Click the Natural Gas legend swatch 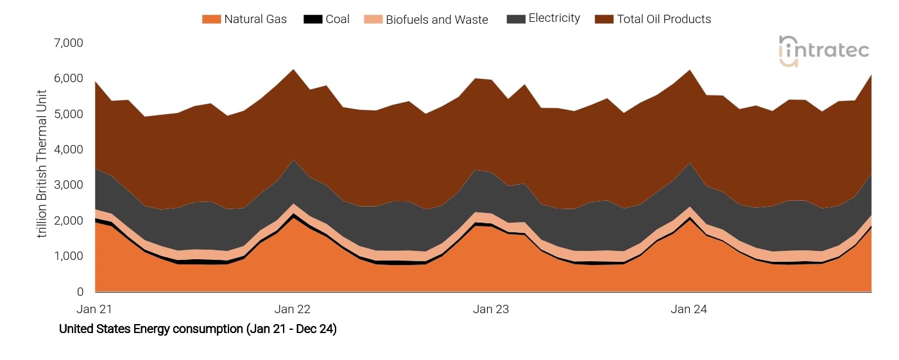211,19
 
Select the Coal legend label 338,19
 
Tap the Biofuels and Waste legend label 436,19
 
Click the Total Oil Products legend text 664,19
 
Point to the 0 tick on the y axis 80,292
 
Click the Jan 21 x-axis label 94,309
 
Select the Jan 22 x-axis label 293,309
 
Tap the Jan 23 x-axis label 491,309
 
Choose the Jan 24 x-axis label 689,309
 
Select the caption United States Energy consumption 198,329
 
